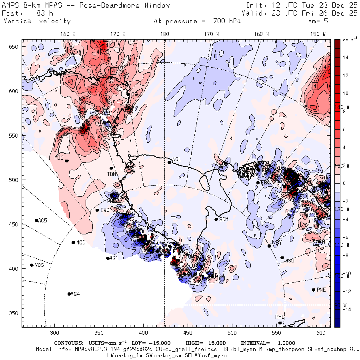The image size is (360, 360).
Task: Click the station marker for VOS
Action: [x=32, y=265]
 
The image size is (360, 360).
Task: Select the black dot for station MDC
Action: [x=67, y=161]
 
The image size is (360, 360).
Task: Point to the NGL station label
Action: [x=177, y=159]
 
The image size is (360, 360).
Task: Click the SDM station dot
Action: [x=216, y=219]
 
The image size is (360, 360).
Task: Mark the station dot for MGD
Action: [x=73, y=242]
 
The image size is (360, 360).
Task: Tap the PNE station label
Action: [x=321, y=290]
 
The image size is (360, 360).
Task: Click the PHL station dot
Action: [x=280, y=323]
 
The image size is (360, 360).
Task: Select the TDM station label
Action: [x=111, y=174]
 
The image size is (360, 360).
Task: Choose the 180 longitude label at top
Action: [x=164, y=34]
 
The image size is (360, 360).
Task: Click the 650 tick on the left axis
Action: [x=15, y=47]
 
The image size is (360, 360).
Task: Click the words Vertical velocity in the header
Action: [x=37, y=21]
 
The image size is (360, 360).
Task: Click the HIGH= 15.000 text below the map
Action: [x=206, y=343]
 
